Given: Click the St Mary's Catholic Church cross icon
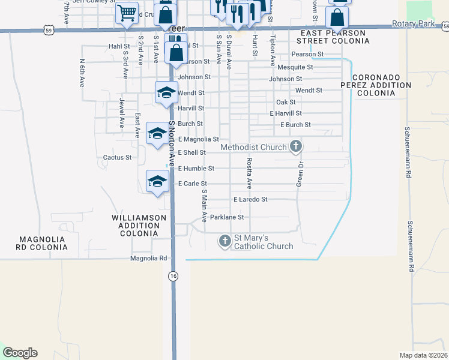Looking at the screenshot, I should click(224, 241).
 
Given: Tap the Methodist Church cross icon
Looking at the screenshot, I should click(295, 146).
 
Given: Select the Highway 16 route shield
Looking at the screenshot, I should click(173, 275).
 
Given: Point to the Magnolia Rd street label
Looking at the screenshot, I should click(148, 258).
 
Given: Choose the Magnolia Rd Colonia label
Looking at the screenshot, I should click(41, 243).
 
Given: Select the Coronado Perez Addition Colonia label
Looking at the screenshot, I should click(382, 85).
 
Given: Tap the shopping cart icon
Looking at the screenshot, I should click(127, 12).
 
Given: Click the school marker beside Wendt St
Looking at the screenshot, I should click(166, 92).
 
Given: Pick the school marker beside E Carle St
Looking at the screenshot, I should click(157, 181).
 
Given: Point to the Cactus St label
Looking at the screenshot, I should click(117, 158).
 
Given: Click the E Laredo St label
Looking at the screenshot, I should click(250, 199).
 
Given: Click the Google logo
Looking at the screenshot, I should click(20, 353).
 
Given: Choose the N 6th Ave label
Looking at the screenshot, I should click(82, 73).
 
